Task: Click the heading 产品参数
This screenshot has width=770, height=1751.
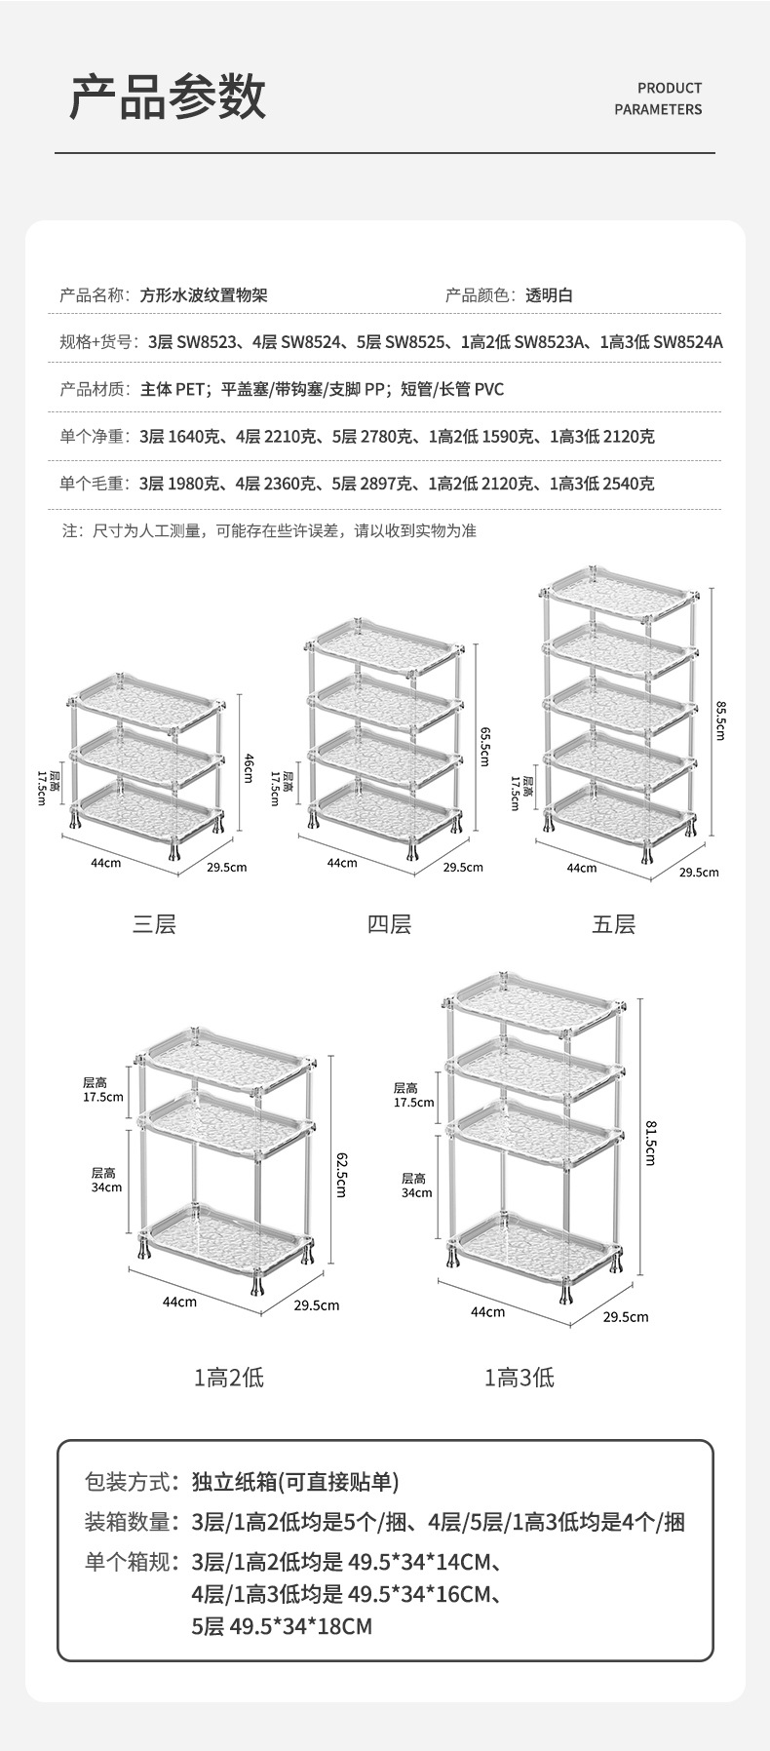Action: point(168,97)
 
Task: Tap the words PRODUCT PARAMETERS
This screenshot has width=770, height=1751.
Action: point(658,98)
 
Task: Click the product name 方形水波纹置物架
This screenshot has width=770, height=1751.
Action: point(204,295)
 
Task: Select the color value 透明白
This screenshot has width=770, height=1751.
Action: point(550,295)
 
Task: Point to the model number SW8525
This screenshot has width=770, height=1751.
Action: point(415,342)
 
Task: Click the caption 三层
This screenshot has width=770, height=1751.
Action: point(154,923)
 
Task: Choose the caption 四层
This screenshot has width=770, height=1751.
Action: point(389,923)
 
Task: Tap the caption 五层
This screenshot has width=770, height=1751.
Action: point(613,923)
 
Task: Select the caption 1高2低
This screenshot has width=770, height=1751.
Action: point(229,1377)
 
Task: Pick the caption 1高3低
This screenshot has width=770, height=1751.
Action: point(520,1377)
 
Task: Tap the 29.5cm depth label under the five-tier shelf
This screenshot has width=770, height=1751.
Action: point(699,873)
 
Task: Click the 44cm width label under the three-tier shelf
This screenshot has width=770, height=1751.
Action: point(105,863)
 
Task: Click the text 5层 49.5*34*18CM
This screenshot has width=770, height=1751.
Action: point(282,1626)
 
